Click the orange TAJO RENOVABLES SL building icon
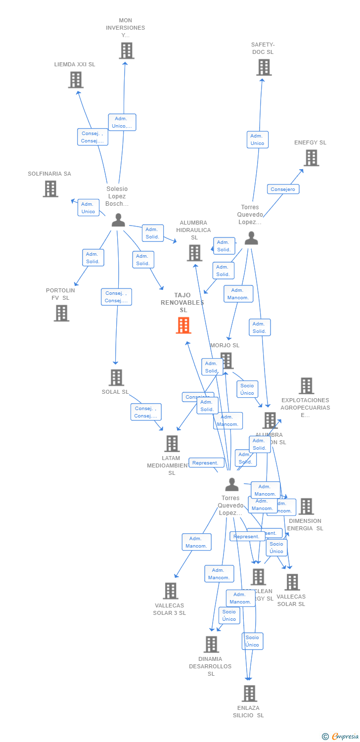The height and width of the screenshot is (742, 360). tap(183, 325)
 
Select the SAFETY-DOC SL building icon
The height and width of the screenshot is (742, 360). tap(264, 67)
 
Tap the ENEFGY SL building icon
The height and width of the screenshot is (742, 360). tap(311, 158)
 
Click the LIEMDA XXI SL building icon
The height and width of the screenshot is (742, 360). tap(76, 80)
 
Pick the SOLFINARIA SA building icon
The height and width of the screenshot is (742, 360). tap(50, 188)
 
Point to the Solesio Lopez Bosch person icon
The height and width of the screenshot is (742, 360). tap(118, 220)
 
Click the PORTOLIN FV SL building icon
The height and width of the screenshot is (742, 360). tap(61, 313)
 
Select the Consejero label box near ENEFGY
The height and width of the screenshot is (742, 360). tap(283, 189)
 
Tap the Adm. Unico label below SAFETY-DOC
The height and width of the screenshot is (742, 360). tap(257, 139)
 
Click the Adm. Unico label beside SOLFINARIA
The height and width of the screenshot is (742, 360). tap(88, 208)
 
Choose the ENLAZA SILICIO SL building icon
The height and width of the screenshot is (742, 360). tap(250, 694)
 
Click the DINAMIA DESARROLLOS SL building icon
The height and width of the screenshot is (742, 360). tap(211, 644)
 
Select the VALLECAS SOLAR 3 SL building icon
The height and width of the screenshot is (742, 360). tap(171, 591)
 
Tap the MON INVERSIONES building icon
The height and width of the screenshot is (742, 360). tap(127, 50)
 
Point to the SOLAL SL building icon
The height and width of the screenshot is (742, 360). tap(116, 377)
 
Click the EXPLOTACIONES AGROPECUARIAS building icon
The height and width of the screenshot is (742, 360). tap(307, 386)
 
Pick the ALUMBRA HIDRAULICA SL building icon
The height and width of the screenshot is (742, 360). tap(194, 253)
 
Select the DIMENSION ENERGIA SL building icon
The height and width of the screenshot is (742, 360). tap(306, 507)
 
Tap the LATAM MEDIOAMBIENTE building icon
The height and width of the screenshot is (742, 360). tap(172, 444)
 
